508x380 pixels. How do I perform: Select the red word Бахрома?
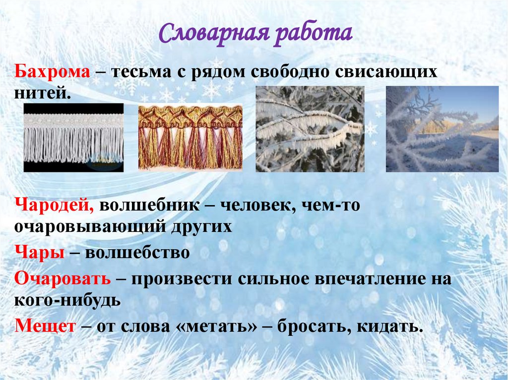click(x=52, y=72)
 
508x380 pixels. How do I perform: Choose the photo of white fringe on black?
click(x=74, y=138)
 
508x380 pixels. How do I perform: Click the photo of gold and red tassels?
click(x=190, y=137)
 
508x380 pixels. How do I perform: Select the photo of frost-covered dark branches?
click(x=310, y=129)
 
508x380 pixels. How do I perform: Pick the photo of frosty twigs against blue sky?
click(x=442, y=129)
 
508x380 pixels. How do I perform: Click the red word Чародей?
click(x=54, y=205)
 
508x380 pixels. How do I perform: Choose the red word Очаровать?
click(x=63, y=278)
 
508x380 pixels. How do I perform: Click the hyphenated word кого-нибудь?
click(x=67, y=300)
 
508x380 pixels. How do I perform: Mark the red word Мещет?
click(x=45, y=326)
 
